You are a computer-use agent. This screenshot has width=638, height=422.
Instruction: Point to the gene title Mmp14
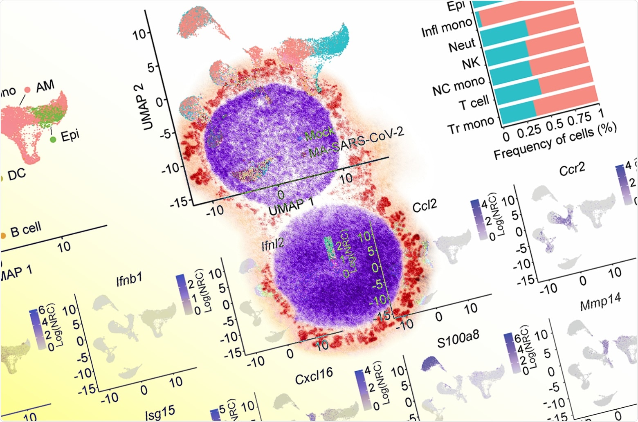point(600,302)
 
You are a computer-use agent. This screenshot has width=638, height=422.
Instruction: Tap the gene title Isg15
point(160,413)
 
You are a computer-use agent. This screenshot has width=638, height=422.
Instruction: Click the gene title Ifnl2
point(273,244)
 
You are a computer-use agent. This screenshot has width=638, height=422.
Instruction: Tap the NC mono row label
point(458,85)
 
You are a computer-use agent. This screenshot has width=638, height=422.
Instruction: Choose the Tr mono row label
point(470,125)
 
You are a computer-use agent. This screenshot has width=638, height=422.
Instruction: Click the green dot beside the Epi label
point(53,139)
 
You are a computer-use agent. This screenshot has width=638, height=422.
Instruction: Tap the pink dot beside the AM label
point(27,90)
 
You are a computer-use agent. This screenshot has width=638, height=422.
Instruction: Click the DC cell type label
point(16,175)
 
